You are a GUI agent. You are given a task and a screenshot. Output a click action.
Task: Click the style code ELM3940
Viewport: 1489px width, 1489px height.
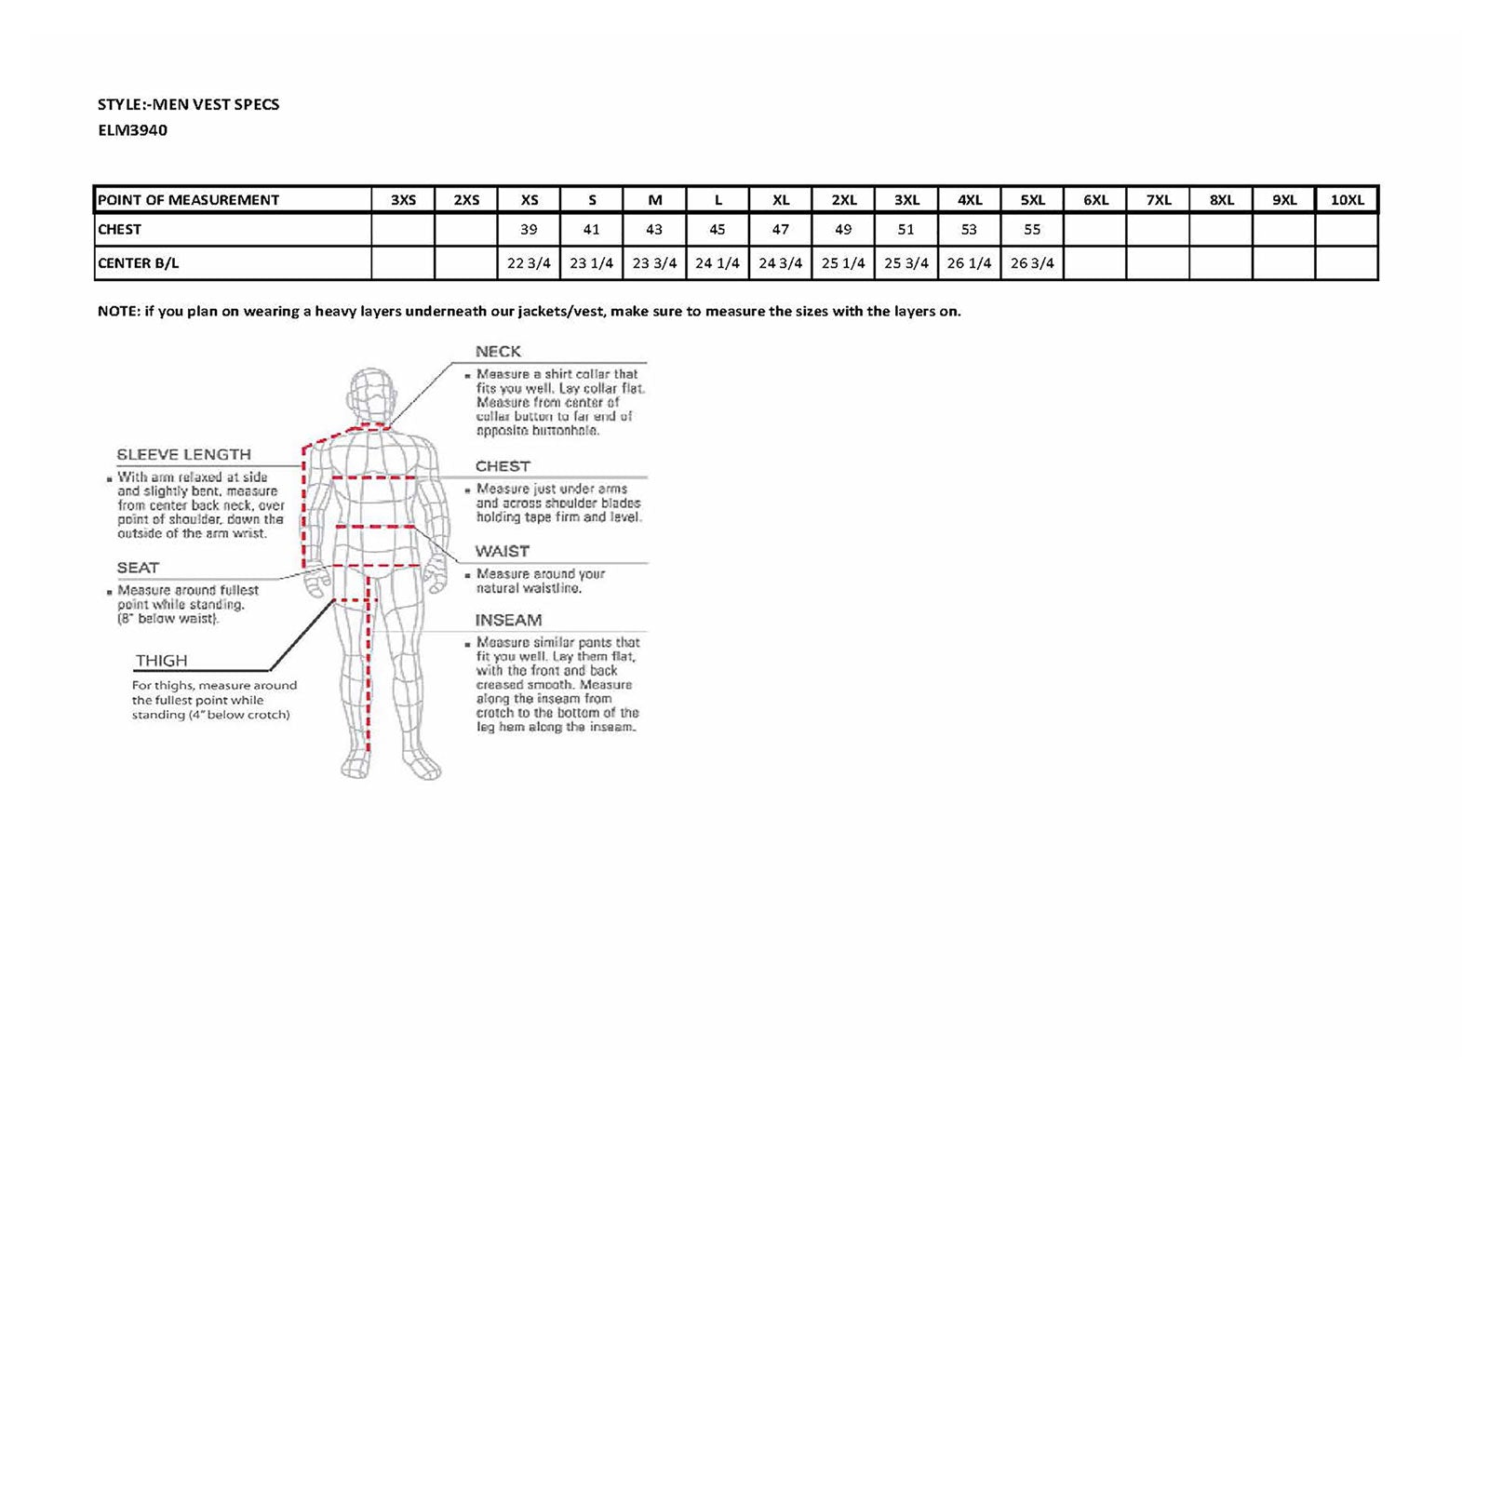pyautogui.click(x=132, y=130)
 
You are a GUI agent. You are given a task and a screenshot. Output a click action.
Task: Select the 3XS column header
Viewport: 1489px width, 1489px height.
pyautogui.click(x=403, y=200)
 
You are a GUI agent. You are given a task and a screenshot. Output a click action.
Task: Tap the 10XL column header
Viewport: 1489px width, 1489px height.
pyautogui.click(x=1347, y=200)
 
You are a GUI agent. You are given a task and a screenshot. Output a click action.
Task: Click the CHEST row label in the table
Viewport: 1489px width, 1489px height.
pyautogui.click(x=119, y=230)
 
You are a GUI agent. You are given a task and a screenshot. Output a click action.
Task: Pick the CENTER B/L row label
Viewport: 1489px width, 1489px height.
pyautogui.click(x=138, y=263)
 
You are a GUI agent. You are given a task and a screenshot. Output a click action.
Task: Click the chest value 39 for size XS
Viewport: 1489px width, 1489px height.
pyautogui.click(x=529, y=230)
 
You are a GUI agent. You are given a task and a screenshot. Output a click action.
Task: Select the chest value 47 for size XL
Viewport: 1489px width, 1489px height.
pyautogui.click(x=780, y=230)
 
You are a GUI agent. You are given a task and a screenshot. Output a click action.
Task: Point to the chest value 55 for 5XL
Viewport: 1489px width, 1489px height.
pyautogui.click(x=1032, y=230)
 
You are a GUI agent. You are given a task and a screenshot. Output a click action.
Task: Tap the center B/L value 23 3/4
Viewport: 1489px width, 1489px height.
pyautogui.click(x=654, y=263)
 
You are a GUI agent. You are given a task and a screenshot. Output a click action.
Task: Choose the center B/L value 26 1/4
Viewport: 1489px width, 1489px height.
pyautogui.click(x=969, y=263)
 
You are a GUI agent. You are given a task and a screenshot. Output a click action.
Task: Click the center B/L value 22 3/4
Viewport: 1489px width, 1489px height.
pyautogui.click(x=529, y=263)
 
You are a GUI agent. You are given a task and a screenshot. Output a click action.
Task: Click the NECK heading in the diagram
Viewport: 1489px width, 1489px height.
pyautogui.click(x=498, y=352)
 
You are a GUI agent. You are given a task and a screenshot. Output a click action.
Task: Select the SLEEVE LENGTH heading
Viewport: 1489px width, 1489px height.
pyautogui.click(x=183, y=455)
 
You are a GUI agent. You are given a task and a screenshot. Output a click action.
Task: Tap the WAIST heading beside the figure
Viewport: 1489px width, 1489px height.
pyautogui.click(x=502, y=552)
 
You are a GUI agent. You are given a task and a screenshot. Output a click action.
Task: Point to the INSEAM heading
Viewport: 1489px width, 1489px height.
pyautogui.click(x=508, y=621)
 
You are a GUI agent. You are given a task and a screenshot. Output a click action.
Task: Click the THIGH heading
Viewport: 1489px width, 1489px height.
pyautogui.click(x=161, y=661)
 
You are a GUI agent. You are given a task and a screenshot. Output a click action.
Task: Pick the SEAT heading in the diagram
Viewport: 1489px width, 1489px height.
pyautogui.click(x=138, y=568)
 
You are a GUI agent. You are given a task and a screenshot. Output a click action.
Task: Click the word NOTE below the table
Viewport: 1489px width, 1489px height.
pyautogui.click(x=118, y=312)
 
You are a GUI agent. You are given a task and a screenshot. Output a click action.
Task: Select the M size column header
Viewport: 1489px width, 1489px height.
pyautogui.click(x=654, y=200)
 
